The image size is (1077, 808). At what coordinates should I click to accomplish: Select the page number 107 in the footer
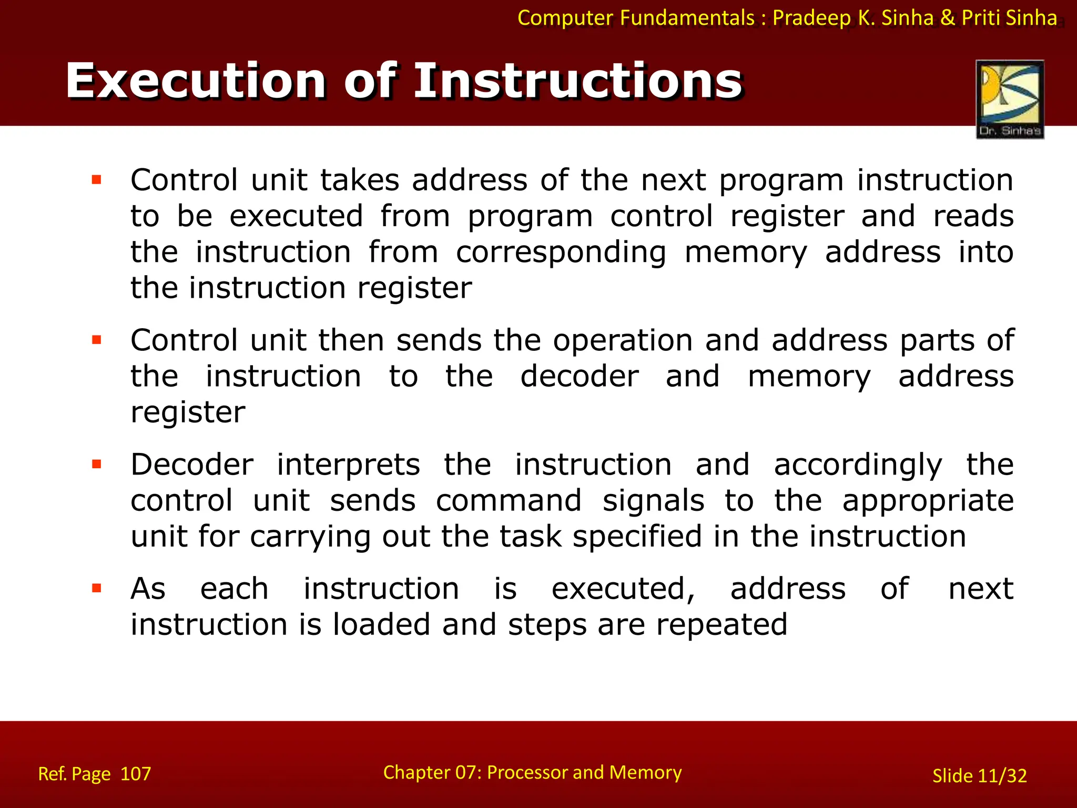tap(136, 774)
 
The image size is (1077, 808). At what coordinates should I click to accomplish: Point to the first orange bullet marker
tap(96, 180)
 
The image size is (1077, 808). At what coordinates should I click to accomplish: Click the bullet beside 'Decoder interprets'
tap(96, 464)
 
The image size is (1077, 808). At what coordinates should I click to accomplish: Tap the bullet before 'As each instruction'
tap(96, 588)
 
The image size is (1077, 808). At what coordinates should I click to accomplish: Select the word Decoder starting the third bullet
tap(192, 464)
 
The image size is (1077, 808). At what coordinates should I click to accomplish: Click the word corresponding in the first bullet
tap(561, 252)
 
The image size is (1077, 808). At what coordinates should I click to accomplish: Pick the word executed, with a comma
tap(623, 589)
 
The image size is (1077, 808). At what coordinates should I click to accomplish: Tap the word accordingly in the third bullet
tap(858, 466)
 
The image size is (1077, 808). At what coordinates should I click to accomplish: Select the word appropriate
tap(928, 501)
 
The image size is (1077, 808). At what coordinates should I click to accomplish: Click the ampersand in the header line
tap(947, 18)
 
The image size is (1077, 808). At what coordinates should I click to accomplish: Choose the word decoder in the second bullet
tap(580, 377)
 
